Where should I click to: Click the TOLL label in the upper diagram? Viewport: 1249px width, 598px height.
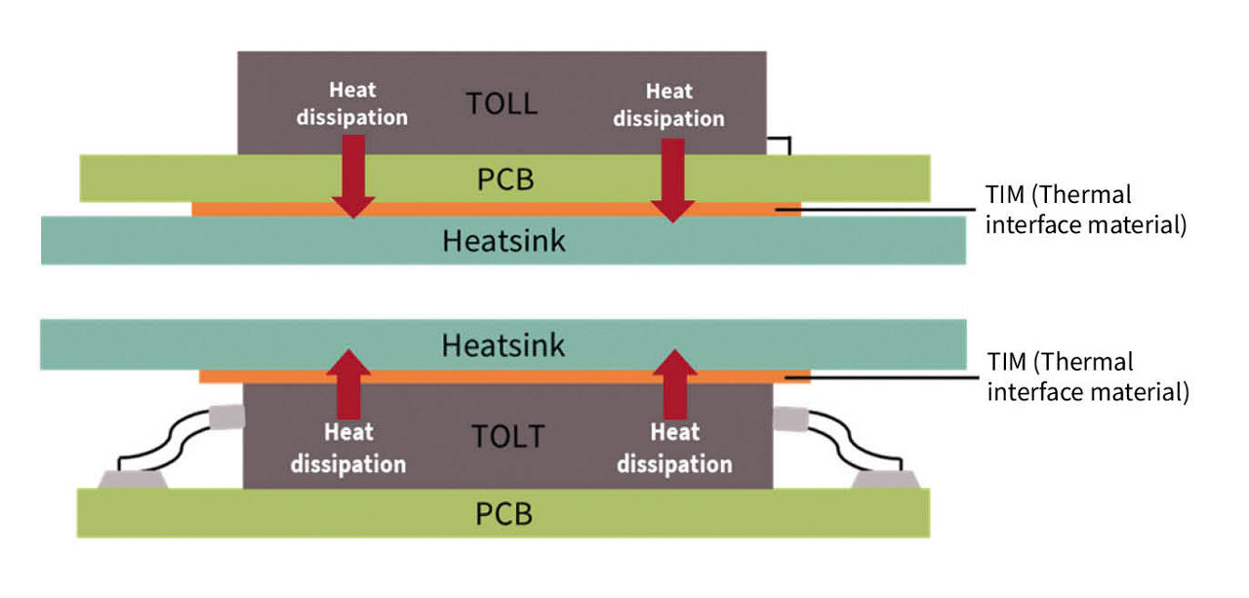pyautogui.click(x=502, y=103)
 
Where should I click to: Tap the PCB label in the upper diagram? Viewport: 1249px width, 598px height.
pyautogui.click(x=504, y=179)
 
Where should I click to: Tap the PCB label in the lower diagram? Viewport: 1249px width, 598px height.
pyautogui.click(x=504, y=513)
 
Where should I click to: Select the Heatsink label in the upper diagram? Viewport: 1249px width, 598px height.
pyautogui.click(x=504, y=240)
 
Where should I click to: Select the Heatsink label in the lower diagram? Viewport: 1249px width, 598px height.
pyautogui.click(x=504, y=345)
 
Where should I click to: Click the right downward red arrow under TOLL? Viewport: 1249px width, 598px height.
pyautogui.click(x=672, y=179)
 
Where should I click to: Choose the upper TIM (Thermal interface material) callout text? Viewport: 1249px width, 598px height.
pyautogui.click(x=1085, y=210)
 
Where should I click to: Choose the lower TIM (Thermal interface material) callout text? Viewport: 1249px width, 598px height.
pyautogui.click(x=1087, y=378)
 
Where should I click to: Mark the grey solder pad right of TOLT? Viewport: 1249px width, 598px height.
pyautogui.click(x=883, y=479)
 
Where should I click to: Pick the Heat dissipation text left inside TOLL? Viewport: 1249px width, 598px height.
pyautogui.click(x=353, y=103)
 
